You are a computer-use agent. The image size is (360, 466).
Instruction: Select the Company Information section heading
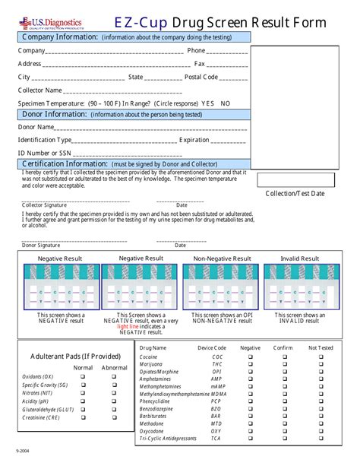point(60,36)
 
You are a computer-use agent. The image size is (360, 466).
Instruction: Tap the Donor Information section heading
point(55,114)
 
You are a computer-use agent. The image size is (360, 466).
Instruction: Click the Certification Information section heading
point(65,163)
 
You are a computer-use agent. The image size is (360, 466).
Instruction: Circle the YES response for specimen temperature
point(207,103)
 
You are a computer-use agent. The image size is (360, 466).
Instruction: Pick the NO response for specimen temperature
point(226,103)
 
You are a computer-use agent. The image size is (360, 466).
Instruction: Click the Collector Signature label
point(44,205)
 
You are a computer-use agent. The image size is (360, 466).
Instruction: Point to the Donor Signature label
point(41,246)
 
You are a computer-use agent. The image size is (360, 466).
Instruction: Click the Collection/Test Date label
point(295,194)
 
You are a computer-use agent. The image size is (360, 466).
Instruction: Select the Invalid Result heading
point(299,258)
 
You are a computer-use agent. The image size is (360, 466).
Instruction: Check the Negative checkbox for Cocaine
point(250,357)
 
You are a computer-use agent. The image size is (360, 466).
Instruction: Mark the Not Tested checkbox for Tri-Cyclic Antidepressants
point(321,439)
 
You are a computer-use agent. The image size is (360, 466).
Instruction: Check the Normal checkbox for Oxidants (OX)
point(83,376)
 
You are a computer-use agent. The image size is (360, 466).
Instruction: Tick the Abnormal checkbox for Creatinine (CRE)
point(115,417)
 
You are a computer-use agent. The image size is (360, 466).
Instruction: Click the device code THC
point(217,364)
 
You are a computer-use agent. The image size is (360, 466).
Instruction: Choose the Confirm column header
point(283,347)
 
